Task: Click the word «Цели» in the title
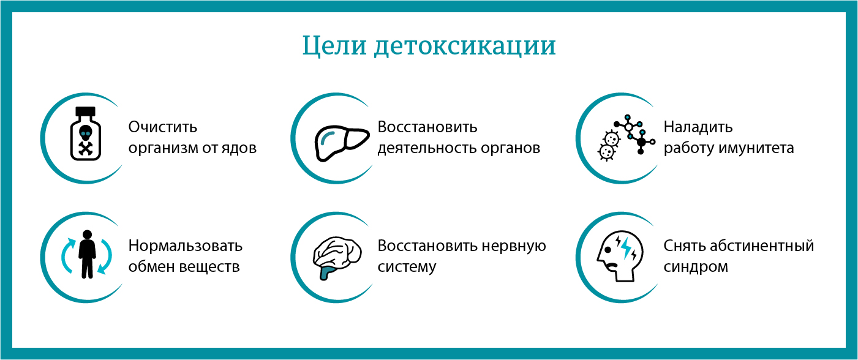pos(334,47)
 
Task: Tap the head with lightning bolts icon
pos(619,256)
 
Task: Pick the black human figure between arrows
pos(87,253)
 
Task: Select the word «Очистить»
pos(163,127)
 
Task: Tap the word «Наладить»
pos(698,127)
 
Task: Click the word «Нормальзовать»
pos(186,246)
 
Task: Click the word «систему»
pos(407,267)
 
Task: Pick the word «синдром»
pos(696,267)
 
